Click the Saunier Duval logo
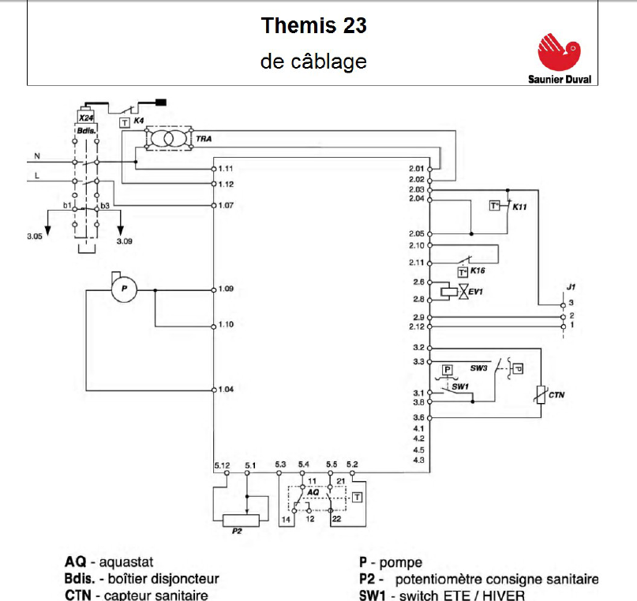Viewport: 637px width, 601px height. click(563, 56)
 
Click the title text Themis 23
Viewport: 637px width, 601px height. click(314, 26)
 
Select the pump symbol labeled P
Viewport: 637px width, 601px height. click(122, 289)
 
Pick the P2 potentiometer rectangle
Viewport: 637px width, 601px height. click(247, 520)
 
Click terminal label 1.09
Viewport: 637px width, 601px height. click(227, 289)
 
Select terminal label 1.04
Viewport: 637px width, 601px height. click(227, 389)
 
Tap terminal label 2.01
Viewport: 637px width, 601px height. click(416, 168)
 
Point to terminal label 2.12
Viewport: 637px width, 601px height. click(416, 327)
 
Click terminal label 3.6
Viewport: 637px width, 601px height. click(418, 417)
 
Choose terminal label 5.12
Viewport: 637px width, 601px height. click(222, 464)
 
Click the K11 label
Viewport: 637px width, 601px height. click(519, 207)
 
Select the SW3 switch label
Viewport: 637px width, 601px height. click(479, 368)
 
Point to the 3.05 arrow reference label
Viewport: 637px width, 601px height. click(33, 237)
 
